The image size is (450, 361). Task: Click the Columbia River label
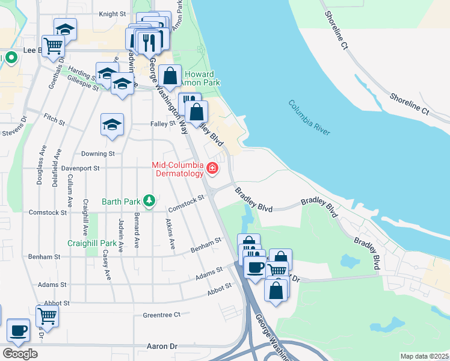[x=309, y=117]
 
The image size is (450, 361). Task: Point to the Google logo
[x=20, y=353]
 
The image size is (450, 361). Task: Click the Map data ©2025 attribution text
[x=424, y=356]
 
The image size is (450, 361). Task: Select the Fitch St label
[x=54, y=122]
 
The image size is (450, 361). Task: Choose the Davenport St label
[x=80, y=168]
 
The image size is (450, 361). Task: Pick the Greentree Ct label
[x=161, y=315]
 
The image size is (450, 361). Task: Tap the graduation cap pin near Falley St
[x=112, y=125]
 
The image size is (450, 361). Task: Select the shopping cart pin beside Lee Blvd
[x=53, y=45]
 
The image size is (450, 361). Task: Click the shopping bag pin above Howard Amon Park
[x=170, y=76]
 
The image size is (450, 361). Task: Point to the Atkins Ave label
[x=171, y=235]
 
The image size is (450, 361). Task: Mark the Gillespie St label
[x=83, y=86]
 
